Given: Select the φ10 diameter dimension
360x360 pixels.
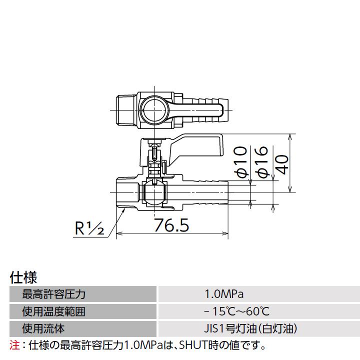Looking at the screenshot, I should pyautogui.click(x=241, y=161).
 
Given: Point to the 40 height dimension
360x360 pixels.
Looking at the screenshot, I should pyautogui.click(x=282, y=163).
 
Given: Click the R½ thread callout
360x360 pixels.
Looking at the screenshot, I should pyautogui.click(x=89, y=229).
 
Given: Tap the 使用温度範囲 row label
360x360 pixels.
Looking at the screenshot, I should pyautogui.click(x=53, y=311).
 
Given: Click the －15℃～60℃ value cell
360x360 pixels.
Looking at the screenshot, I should pyautogui.click(x=236, y=311).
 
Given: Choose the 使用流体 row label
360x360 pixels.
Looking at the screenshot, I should pyautogui.click(x=43, y=328).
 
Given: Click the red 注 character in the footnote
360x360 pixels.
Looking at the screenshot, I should pyautogui.click(x=14, y=344).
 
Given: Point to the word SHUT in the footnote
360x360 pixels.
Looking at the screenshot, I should pyautogui.click(x=192, y=344).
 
